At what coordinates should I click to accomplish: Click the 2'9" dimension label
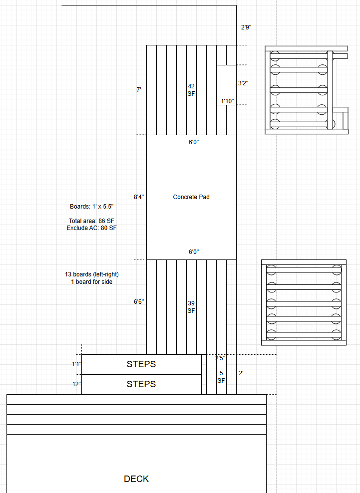(246, 27)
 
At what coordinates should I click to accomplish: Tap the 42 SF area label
(191, 90)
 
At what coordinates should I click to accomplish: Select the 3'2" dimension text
(243, 83)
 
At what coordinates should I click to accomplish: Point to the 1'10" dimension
(227, 101)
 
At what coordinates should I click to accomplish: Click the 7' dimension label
(138, 90)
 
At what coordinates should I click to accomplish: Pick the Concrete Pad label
(191, 197)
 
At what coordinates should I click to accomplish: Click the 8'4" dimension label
(139, 197)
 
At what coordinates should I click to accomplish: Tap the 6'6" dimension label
(139, 302)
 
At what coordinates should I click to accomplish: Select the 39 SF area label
(191, 307)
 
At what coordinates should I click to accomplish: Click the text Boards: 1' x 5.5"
(91, 207)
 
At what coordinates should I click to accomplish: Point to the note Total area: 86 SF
(91, 221)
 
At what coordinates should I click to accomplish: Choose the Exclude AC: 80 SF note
(91, 228)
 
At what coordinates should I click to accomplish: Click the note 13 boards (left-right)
(92, 274)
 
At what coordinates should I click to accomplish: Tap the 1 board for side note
(91, 282)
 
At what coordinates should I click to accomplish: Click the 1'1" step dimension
(76, 364)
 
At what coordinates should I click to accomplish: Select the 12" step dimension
(76, 384)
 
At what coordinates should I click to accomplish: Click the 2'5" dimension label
(220, 358)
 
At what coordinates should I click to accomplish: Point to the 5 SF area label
(221, 377)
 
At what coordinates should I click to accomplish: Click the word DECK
(136, 479)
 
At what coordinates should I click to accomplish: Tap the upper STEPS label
(141, 364)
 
